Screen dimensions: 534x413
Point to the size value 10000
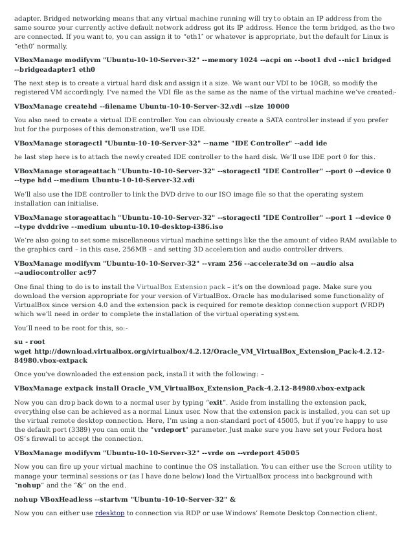(276, 105)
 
